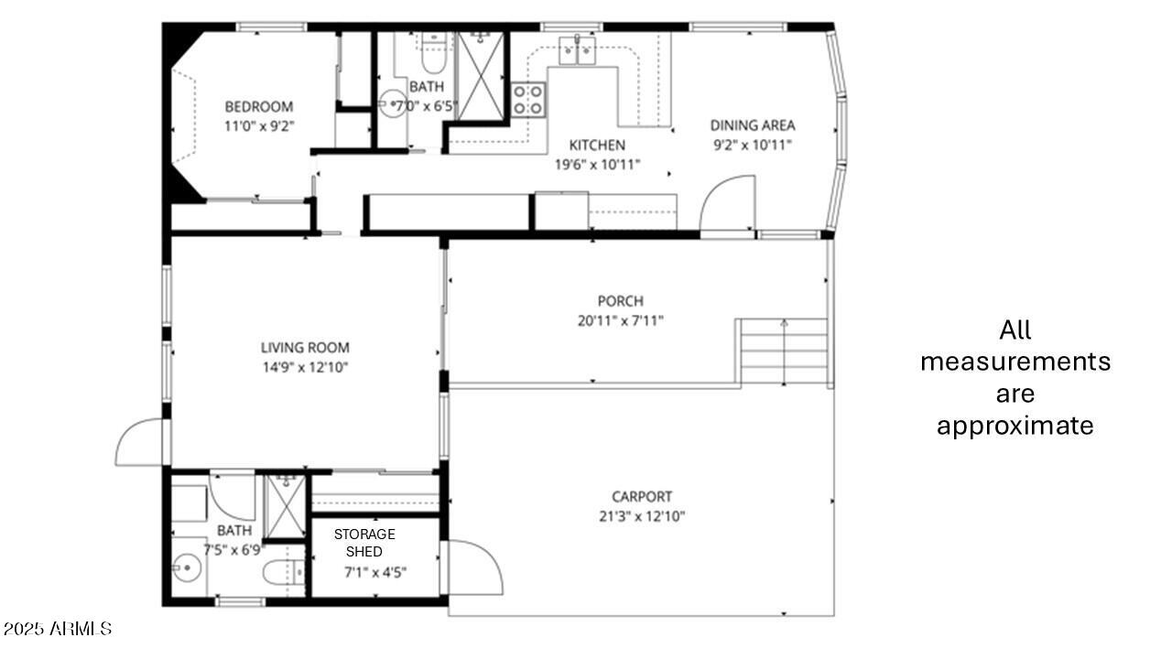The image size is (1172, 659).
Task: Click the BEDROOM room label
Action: click(x=259, y=106)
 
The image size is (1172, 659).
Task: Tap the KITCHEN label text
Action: click(x=597, y=145)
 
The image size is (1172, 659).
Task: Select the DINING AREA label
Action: click(x=753, y=125)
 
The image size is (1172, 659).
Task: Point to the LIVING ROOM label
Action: click(x=305, y=348)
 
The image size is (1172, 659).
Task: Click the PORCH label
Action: click(x=620, y=301)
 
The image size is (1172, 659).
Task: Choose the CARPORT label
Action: click(x=642, y=497)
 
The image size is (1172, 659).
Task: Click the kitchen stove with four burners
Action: click(x=528, y=99)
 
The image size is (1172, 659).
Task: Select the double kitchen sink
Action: click(x=578, y=50)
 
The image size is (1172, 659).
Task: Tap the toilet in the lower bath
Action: click(x=282, y=573)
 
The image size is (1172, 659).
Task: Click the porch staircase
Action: click(x=784, y=352)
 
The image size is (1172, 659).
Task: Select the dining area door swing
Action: click(x=727, y=205)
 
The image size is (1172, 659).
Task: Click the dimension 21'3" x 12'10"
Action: click(x=642, y=516)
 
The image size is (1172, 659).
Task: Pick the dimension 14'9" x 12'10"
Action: click(x=305, y=367)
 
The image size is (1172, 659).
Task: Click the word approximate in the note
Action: click(x=1015, y=426)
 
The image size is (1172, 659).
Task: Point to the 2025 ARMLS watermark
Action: click(x=57, y=629)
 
